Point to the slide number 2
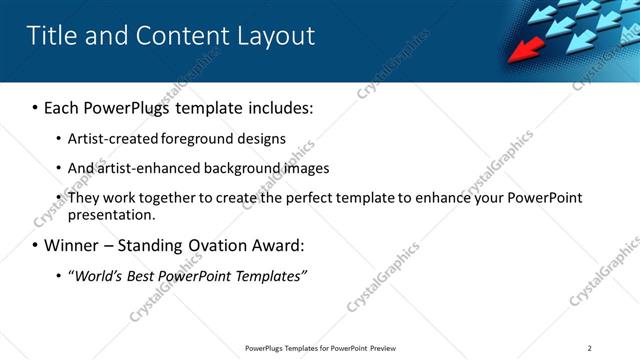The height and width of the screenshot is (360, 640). click(x=589, y=348)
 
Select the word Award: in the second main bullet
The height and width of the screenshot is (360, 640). click(x=275, y=245)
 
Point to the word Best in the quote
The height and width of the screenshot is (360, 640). click(x=146, y=275)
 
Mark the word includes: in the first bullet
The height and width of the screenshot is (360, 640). click(x=276, y=107)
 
